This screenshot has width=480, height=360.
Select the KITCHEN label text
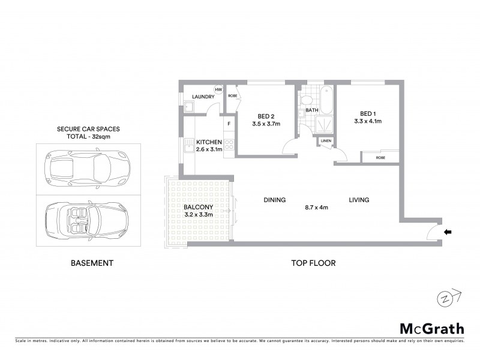(208, 142)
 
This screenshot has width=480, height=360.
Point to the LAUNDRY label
(203, 97)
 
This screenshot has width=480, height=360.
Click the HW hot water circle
(218, 90)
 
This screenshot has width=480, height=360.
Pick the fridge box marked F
(229, 124)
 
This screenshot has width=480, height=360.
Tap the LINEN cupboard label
(326, 142)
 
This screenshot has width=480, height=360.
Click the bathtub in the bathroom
(326, 100)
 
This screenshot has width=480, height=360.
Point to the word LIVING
(359, 200)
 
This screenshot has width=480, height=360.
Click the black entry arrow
(448, 231)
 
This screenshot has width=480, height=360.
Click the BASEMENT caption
(92, 263)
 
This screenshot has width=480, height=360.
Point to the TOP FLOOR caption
(313, 263)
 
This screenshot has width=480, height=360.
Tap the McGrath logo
(432, 328)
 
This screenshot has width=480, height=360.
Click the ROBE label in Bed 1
(380, 157)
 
